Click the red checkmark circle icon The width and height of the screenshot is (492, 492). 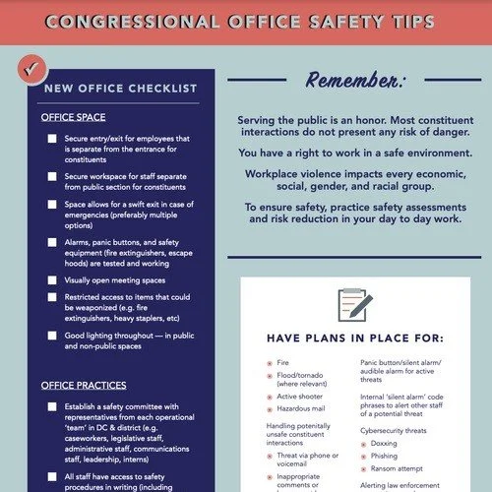point(31,70)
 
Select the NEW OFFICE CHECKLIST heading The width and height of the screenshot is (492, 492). point(120,89)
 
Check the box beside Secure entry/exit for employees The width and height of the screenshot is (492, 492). point(51,141)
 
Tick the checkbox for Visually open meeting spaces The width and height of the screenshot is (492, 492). point(51,280)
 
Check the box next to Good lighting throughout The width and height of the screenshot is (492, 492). point(51,336)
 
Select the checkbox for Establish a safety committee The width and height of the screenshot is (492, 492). point(51,406)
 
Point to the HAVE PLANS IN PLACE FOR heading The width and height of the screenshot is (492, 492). point(354,338)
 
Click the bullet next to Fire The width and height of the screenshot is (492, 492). point(270,363)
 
